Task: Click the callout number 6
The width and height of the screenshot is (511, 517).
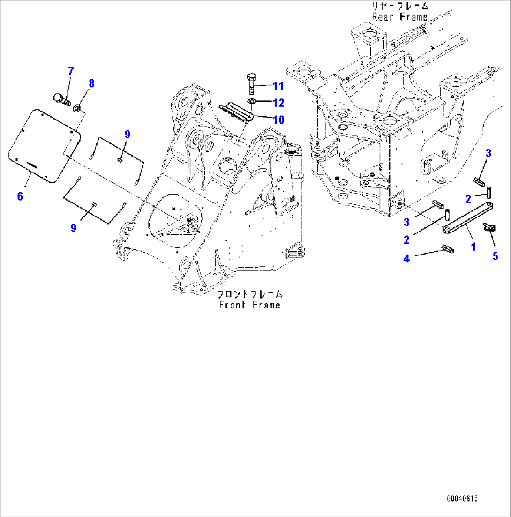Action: (x=20, y=196)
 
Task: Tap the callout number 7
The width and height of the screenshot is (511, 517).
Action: (x=71, y=72)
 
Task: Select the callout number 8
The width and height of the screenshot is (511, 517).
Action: (x=91, y=84)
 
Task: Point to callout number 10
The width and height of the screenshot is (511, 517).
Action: (x=278, y=120)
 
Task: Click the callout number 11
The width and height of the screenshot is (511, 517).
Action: (x=278, y=86)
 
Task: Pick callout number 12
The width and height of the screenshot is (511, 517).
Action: (x=278, y=102)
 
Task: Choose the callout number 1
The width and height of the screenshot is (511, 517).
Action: (x=473, y=247)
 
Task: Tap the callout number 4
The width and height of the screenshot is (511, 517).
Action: (x=406, y=258)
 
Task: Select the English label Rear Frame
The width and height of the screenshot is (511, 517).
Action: (x=400, y=17)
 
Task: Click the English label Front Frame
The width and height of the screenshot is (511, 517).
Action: (x=249, y=305)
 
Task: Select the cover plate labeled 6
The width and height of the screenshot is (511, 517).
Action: (x=45, y=145)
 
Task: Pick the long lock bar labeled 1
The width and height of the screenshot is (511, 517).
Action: (x=466, y=217)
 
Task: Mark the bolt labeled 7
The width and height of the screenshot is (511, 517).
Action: (x=60, y=98)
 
